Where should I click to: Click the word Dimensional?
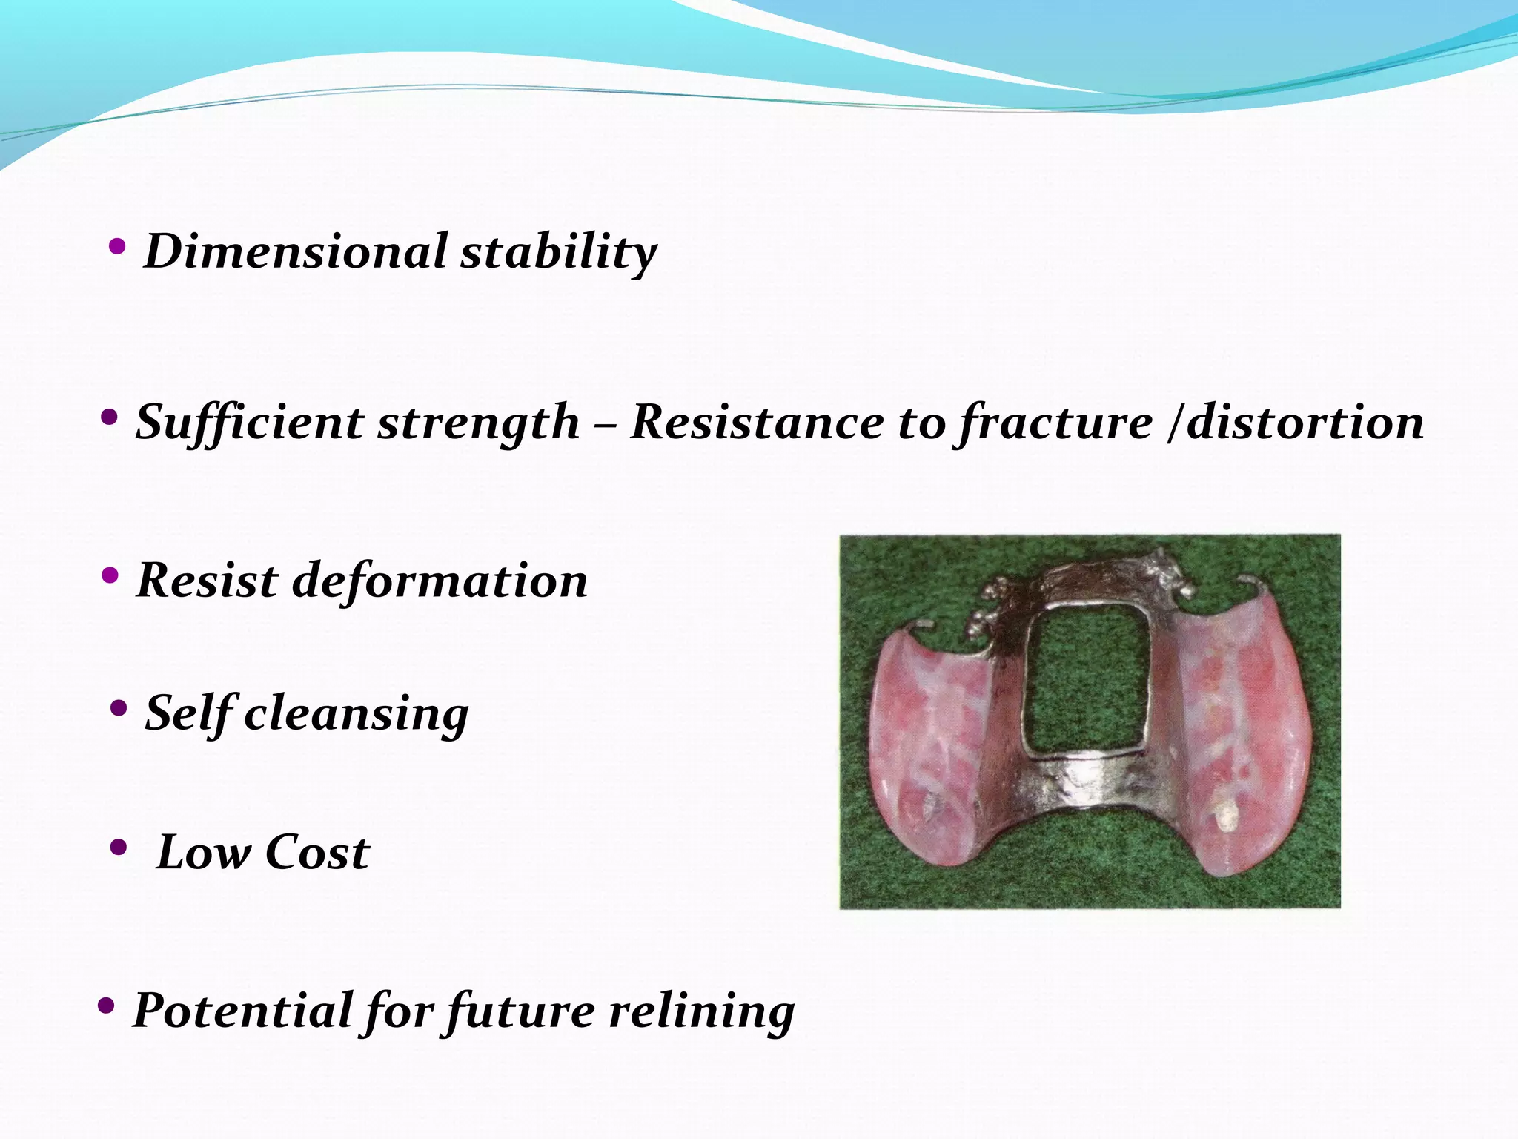296,251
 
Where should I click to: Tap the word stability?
559,253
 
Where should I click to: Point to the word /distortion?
1295,423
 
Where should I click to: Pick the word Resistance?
758,423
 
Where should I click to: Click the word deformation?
440,581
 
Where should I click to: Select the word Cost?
317,853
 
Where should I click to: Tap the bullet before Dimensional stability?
116,247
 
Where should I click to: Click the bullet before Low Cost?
118,847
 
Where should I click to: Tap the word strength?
478,423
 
